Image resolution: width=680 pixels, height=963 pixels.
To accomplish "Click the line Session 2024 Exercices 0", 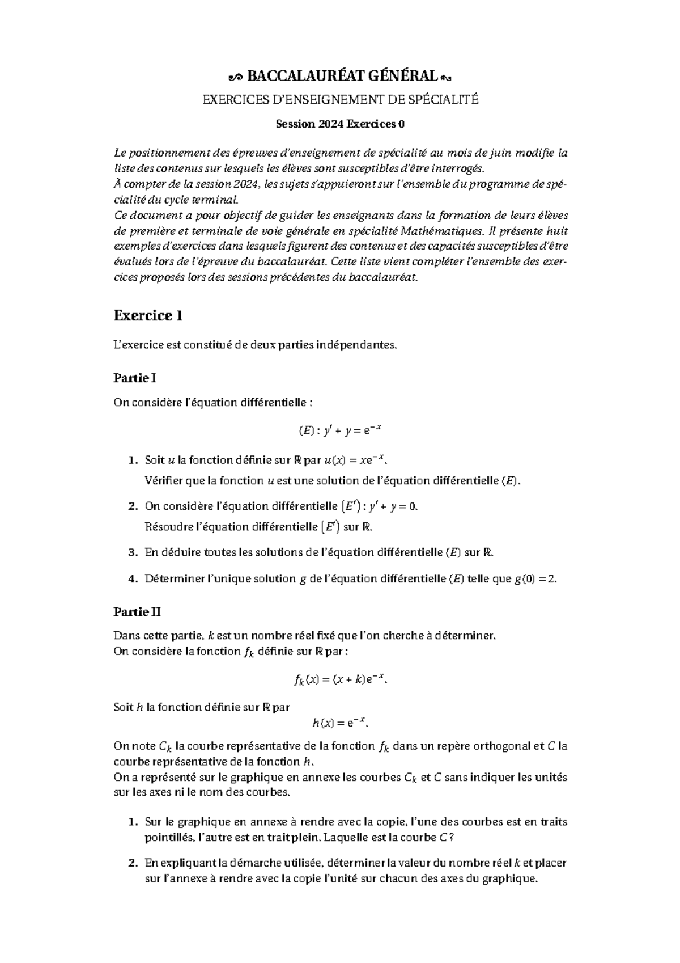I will [340, 124].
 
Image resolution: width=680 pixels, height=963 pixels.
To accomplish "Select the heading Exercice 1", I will [148, 315].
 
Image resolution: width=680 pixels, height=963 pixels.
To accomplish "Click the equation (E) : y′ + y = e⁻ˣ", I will [340, 431].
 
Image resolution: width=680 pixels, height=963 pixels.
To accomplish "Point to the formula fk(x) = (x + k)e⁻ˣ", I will [341, 679].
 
